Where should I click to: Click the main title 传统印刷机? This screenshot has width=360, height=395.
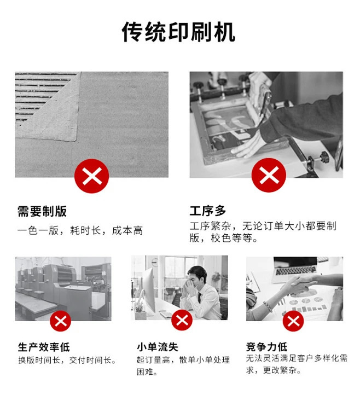tap(178, 32)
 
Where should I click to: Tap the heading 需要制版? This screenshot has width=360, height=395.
tap(42, 211)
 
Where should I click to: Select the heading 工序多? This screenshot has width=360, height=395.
tap(208, 211)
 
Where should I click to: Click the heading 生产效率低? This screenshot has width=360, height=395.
tap(44, 347)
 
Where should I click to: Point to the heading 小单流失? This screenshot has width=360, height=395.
tap(158, 347)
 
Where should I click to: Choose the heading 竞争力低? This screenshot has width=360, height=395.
tap(266, 347)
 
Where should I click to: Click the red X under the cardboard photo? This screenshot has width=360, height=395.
tap(92, 176)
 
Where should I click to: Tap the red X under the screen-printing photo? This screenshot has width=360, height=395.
tap(269, 175)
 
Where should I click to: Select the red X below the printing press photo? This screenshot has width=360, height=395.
tap(61, 321)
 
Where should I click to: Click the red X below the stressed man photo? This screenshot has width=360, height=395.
tap(182, 320)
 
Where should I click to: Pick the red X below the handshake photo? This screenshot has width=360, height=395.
tap(293, 321)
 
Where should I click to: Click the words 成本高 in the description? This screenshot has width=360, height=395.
tap(127, 230)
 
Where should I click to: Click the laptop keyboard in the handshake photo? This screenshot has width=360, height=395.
tap(295, 270)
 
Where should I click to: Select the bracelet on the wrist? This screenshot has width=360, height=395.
tap(268, 306)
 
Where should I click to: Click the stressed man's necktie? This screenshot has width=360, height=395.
tap(199, 297)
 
